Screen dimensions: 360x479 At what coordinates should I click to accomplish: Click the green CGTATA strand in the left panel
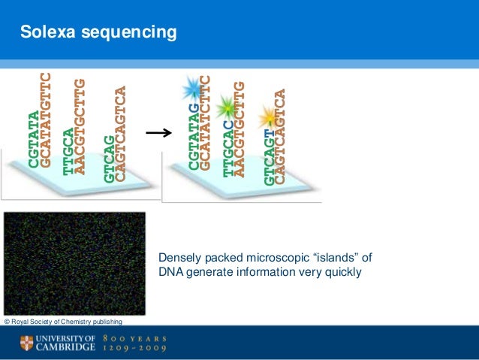[34, 139]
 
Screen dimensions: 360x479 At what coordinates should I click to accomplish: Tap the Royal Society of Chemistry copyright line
[63, 322]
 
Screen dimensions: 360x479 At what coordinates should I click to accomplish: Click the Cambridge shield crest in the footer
[26, 343]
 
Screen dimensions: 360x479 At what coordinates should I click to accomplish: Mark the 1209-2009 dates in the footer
[136, 349]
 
